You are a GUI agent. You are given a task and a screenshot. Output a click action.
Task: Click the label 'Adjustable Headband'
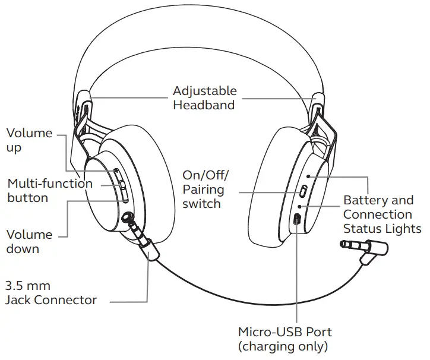tap(204, 98)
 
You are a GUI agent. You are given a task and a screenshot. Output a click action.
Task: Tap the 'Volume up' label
tap(29, 140)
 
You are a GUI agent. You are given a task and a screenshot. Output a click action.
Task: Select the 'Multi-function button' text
tap(50, 190)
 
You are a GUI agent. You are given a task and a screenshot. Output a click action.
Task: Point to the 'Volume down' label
tap(29, 241)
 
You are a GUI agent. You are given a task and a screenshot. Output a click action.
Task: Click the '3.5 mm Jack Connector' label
tap(50, 292)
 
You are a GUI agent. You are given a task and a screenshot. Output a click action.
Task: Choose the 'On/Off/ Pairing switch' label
tap(204, 190)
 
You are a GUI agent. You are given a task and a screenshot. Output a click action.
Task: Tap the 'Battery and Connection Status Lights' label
tap(382, 214)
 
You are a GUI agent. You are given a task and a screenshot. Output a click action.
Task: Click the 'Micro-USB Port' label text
tap(284, 331)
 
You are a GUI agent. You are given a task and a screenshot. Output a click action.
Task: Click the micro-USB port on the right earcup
tap(297, 219)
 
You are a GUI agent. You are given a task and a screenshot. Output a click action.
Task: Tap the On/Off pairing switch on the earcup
tap(302, 191)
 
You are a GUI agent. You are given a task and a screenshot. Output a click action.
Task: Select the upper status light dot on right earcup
tap(307, 176)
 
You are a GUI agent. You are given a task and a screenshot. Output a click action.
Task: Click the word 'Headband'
tap(204, 105)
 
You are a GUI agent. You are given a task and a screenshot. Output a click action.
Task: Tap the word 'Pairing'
tap(203, 190)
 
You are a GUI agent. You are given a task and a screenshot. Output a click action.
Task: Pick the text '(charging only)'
tap(283, 346)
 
